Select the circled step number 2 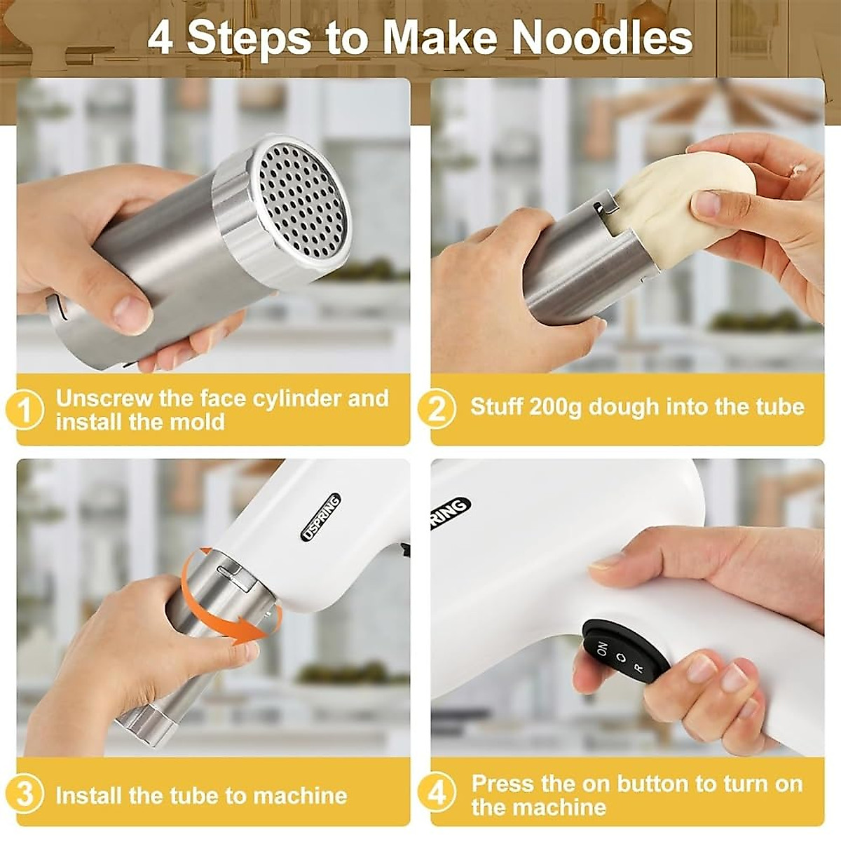pyautogui.click(x=437, y=408)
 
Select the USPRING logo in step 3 pyautogui.click(x=321, y=518)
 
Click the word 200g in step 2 pyautogui.click(x=556, y=407)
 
